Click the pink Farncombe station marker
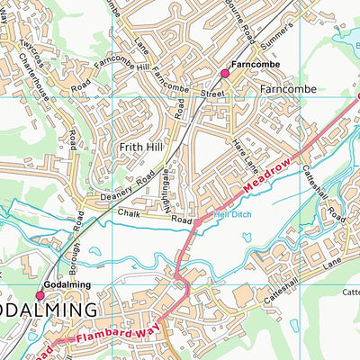pyautogui.click(x=225, y=73)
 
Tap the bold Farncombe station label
pyautogui.click(x=251, y=66)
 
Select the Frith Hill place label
pyautogui.click(x=139, y=144)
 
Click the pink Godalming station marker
pyautogui.click(x=40, y=294)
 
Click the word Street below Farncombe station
pyautogui.click(x=211, y=93)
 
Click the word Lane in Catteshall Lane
pyautogui.click(x=333, y=260)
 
